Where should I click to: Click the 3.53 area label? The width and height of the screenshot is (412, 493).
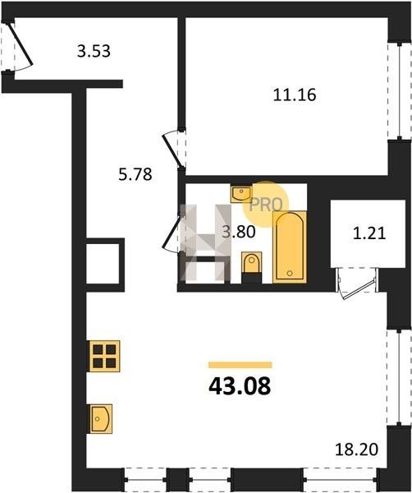click(94, 51)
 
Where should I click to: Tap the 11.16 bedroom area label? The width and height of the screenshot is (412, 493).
click(295, 94)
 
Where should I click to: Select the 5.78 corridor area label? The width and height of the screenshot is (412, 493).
click(135, 174)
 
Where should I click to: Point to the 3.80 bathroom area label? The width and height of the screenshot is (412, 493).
click(239, 233)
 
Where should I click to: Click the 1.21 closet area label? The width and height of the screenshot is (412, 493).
click(369, 233)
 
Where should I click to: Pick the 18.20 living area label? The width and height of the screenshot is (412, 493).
click(356, 449)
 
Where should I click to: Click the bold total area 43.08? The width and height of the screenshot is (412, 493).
click(240, 386)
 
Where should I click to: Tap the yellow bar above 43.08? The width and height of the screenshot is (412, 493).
click(240, 365)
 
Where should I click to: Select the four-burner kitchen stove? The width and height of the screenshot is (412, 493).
click(104, 356)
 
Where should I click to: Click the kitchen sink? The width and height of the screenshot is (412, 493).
click(100, 418)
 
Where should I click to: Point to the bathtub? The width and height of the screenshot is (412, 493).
click(290, 246)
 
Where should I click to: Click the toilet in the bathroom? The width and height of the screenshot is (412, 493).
click(251, 263)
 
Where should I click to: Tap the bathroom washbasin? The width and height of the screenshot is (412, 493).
click(240, 194)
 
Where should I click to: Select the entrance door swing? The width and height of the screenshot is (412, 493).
click(20, 44)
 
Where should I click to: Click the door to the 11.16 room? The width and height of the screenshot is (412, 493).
click(173, 150)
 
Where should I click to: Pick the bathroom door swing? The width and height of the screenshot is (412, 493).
click(172, 231)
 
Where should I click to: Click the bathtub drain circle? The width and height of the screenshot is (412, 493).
click(290, 274)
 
